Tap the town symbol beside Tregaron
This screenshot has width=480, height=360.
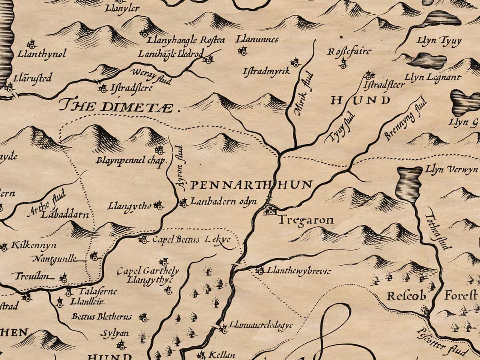[270, 210]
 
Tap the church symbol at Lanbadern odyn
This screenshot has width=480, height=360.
[184, 203]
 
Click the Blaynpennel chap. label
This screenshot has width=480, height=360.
[131, 161]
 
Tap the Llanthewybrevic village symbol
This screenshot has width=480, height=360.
[260, 271]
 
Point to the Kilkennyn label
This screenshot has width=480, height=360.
[34, 245]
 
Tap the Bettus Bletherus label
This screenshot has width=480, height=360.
[102, 317]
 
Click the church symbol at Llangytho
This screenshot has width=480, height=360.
[159, 206]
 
